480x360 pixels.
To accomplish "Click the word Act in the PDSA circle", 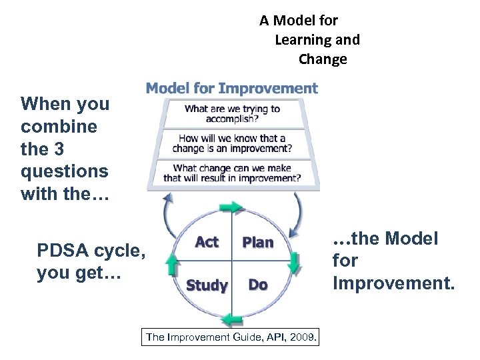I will [x=207, y=242].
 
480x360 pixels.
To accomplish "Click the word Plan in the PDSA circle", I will [x=257, y=242].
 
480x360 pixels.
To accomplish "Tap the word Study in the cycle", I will [x=207, y=285].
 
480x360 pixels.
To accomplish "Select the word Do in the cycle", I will [x=257, y=285].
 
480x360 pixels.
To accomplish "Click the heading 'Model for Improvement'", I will [x=231, y=88].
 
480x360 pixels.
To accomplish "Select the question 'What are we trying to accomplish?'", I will [x=232, y=113].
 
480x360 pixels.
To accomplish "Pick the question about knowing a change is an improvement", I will [x=232, y=143].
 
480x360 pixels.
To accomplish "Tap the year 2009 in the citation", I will [x=304, y=337].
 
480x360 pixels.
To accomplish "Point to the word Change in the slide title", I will [x=323, y=59].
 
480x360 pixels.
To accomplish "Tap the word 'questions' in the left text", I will [x=64, y=171].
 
